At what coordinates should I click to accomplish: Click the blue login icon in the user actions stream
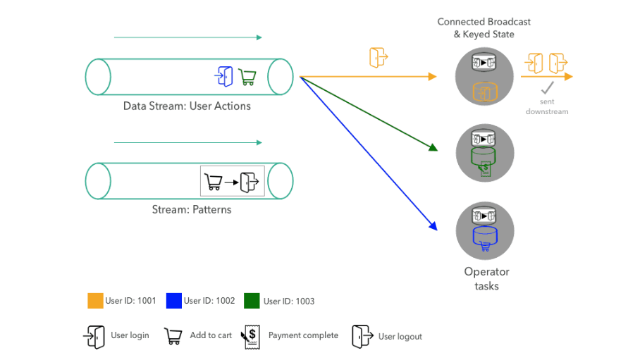224,76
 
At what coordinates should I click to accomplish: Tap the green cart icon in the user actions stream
247,77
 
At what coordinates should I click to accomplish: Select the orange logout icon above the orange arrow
378,57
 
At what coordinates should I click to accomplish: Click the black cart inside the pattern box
213,182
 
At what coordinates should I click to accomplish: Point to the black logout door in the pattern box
249,182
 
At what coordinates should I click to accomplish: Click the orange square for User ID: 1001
95,301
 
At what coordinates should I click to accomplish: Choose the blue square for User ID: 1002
174,301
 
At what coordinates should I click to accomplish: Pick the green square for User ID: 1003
252,301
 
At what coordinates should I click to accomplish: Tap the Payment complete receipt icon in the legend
251,337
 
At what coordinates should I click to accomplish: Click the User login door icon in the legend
94,337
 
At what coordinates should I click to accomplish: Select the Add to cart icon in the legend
173,336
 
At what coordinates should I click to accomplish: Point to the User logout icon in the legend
362,336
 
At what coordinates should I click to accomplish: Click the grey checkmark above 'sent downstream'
548,87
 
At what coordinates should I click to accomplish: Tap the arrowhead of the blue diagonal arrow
433,226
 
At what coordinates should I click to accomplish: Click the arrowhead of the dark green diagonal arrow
433,147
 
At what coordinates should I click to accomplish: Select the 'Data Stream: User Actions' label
187,106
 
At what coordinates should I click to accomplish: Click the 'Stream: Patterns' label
192,209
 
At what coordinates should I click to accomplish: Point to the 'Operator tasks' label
486,279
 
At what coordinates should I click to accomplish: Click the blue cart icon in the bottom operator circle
485,246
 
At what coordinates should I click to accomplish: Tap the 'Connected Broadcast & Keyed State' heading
484,28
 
